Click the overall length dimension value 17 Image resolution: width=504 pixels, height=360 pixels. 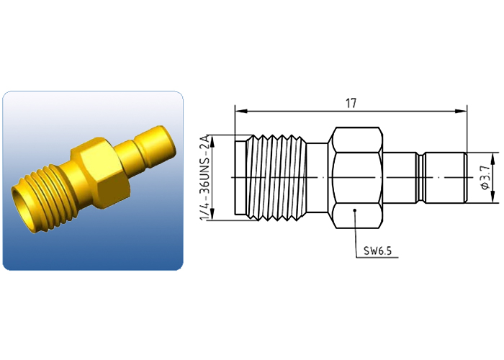coord(351,104)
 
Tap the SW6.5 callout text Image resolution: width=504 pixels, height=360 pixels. coord(378,251)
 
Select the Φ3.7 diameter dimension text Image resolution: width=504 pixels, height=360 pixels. coord(486,177)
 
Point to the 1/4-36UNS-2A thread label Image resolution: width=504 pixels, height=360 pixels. coord(205,178)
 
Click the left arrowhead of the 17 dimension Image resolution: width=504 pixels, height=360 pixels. coord(240,111)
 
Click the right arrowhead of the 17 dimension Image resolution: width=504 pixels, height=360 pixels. coord(461,111)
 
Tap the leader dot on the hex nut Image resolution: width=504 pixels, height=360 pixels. coord(354,210)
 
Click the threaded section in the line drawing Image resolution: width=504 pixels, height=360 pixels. coord(276,178)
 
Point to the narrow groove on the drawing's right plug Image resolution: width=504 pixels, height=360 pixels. coord(420,178)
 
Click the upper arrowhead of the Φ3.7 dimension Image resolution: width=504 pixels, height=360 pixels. coord(492,158)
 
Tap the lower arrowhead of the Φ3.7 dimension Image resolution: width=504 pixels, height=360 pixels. coord(492,198)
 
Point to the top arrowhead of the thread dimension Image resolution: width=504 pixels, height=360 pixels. coord(212,140)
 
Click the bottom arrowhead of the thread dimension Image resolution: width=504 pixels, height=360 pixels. coord(212,215)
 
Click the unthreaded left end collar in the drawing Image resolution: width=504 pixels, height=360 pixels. coord(240,178)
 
